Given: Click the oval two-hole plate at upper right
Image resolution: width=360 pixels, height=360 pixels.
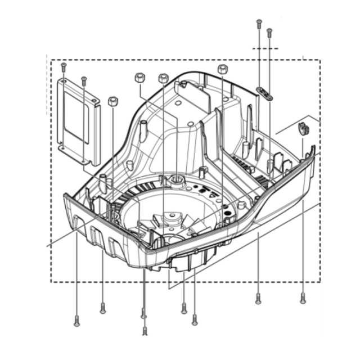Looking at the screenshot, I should pos(265,92).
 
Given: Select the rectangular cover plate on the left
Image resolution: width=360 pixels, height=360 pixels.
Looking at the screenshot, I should pos(79,121).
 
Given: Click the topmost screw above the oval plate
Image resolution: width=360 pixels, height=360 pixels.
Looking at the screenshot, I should pos(259,24).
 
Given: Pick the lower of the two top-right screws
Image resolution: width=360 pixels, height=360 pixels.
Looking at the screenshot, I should pos(269,31).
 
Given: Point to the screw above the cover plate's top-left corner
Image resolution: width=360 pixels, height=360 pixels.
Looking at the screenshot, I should pos(64,66).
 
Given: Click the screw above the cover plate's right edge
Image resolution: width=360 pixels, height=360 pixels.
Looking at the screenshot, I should pos(84,80).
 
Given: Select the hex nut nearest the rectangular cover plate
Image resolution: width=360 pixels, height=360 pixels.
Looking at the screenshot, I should pos(112,101).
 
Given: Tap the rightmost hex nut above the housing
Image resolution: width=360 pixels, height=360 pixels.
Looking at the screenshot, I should pos(222,69).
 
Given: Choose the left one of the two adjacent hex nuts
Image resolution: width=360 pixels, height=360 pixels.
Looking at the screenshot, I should pos(140,77).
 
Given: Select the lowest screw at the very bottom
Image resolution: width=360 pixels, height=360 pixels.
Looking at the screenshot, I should pos(145,331).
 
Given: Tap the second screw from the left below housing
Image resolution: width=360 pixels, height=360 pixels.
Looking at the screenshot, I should pos(102,308).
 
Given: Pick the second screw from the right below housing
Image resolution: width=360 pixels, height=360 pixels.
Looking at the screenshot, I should pos(258,299).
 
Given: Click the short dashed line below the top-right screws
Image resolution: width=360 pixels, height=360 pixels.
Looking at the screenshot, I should pos(265,48).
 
